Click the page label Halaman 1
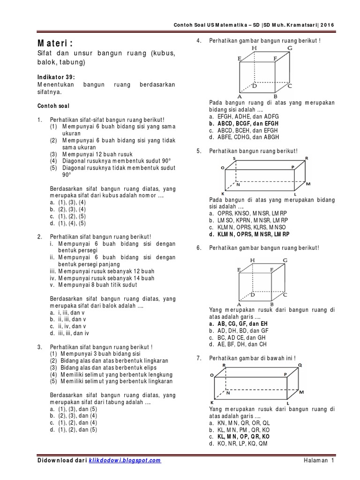coord(318,461)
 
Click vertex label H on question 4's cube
coord(254,48)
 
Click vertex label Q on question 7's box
coord(300,365)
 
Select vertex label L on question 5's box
coord(295,194)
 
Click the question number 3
coord(40,346)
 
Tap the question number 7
coord(199,358)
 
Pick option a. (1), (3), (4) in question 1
coord(67,202)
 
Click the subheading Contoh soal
coord(52,106)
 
